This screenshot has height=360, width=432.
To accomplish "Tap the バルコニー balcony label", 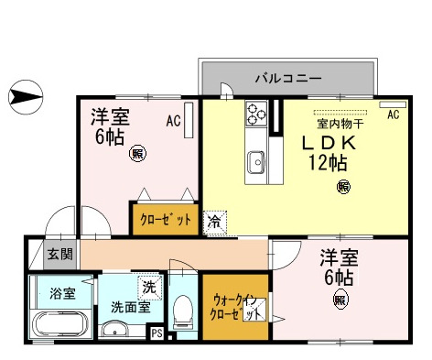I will pos(287,79).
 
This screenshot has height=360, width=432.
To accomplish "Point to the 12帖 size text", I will pos(328,166).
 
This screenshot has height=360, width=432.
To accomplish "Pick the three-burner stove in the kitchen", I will pos(255,116).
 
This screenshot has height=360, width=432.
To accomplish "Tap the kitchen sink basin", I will pos(254,162).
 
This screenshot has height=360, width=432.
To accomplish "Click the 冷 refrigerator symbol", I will pos(213,221).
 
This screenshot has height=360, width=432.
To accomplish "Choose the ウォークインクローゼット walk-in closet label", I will pos(235,306).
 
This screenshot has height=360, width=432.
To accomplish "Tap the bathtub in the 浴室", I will pos(58,324).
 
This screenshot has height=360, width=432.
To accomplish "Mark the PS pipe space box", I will pos(157,333).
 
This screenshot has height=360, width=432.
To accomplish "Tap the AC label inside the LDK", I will pos(394,115).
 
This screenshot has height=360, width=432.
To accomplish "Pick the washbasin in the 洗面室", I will pos(115,330).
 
